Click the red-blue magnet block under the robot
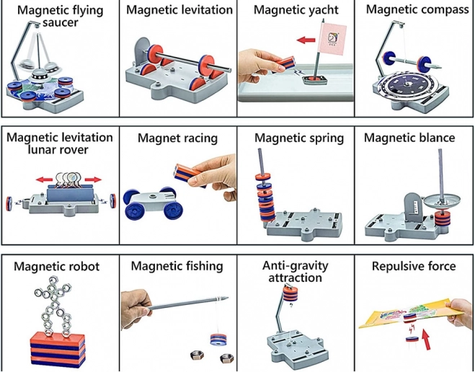click(x=58, y=350)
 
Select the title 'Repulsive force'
click(x=414, y=267)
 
